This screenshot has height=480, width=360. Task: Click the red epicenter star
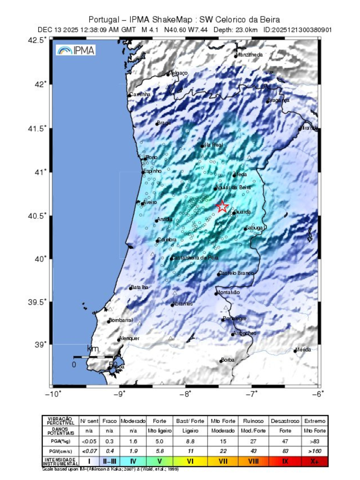point(222,206)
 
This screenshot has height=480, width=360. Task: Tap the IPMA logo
point(76,50)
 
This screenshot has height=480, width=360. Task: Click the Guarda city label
point(242,212)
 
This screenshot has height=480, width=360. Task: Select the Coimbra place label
point(167,240)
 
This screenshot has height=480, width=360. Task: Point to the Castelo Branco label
point(236,273)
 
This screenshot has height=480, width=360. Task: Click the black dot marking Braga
point(157,124)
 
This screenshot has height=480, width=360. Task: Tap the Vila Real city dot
point(202,146)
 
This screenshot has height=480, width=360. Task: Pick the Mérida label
point(303,349)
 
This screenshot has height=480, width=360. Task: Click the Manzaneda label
point(249,55)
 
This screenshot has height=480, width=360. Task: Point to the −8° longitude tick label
point(185,394)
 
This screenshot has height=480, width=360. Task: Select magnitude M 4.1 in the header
point(150,30)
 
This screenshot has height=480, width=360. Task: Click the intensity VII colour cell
point(223,461)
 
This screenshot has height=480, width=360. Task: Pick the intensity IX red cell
point(285,461)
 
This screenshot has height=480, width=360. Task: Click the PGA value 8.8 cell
point(190,441)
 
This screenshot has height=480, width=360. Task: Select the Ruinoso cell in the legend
point(253,421)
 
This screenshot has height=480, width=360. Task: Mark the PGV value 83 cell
point(285,451)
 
